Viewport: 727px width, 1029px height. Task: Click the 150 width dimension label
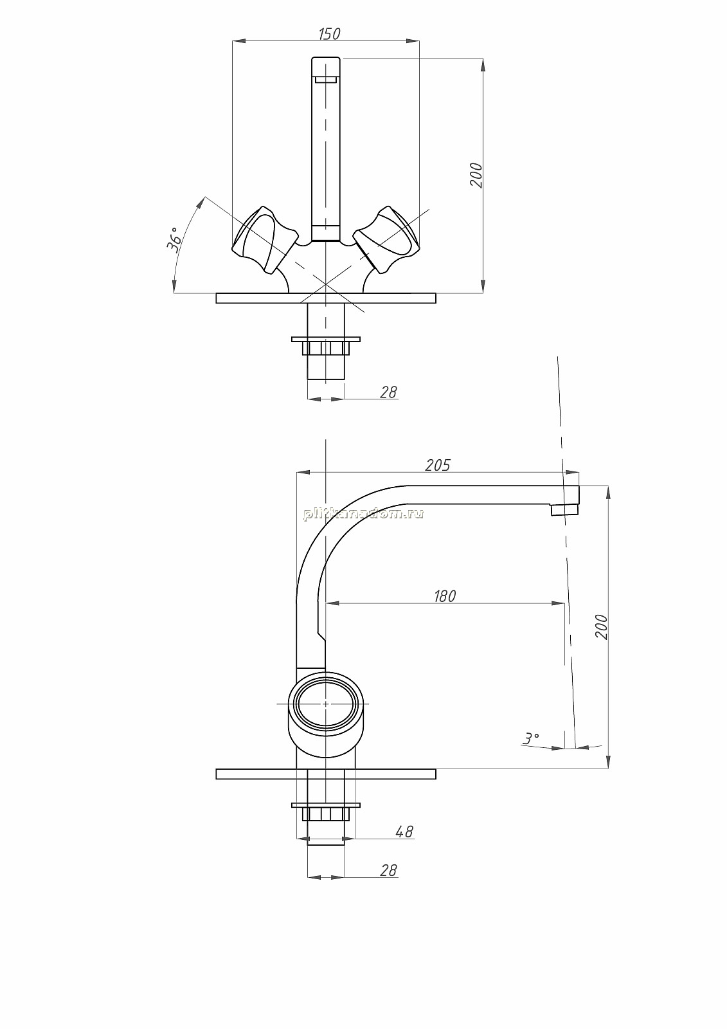click(329, 34)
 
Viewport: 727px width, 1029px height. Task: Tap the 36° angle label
click(174, 239)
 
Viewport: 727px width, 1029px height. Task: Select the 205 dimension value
click(438, 466)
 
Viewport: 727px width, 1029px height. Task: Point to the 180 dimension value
click(445, 596)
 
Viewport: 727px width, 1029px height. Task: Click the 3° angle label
click(531, 738)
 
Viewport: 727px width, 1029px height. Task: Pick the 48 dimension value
click(404, 831)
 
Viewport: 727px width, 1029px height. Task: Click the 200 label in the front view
click(476, 175)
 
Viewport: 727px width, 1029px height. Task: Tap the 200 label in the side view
click(601, 626)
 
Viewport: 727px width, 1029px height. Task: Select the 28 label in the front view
click(388, 392)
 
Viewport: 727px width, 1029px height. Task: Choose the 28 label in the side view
click(388, 870)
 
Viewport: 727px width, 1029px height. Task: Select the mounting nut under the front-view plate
click(326, 347)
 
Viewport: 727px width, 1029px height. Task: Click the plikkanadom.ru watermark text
click(363, 514)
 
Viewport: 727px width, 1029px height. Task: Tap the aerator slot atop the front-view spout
click(326, 80)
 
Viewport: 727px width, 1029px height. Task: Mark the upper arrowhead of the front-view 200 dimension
click(483, 64)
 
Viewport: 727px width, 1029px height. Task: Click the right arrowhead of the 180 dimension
click(557, 603)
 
